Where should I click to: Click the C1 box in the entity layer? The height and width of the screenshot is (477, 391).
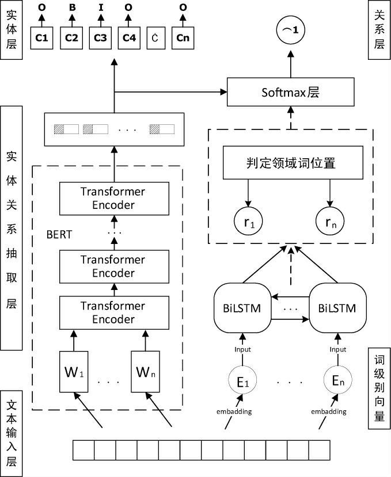41,38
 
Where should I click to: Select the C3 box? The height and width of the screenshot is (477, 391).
100,38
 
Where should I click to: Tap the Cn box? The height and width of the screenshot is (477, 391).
183,38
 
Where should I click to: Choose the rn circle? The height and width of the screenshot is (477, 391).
329,220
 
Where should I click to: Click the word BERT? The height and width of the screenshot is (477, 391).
60,235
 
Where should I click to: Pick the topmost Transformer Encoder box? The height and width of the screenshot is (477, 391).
113,197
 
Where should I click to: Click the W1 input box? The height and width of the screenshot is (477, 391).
73,372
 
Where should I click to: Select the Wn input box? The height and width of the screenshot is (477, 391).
144,372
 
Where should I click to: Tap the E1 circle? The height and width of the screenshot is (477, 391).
241,380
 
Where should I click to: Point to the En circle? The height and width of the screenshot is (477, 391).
337,380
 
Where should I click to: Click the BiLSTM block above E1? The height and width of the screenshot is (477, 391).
242,308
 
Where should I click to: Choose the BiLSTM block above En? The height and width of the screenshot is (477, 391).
337,308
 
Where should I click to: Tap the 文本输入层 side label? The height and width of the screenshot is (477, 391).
12,433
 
